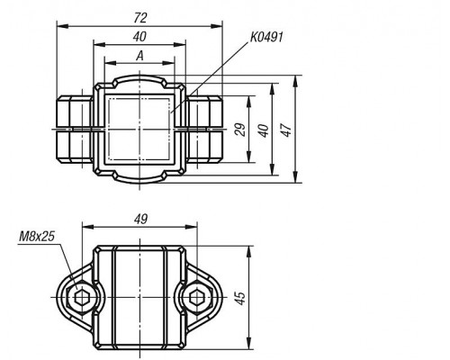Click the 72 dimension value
(140, 18)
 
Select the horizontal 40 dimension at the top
(139, 37)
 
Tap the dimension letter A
(139, 56)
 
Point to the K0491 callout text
(266, 38)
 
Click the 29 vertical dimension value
(240, 130)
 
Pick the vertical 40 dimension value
(264, 130)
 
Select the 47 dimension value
(286, 130)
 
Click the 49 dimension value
(140, 220)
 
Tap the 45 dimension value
(240, 298)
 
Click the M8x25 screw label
(37, 237)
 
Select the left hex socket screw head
(81, 298)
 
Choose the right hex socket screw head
(196, 298)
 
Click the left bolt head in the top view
(75, 130)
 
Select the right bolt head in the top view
(204, 130)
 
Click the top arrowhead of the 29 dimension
(248, 102)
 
